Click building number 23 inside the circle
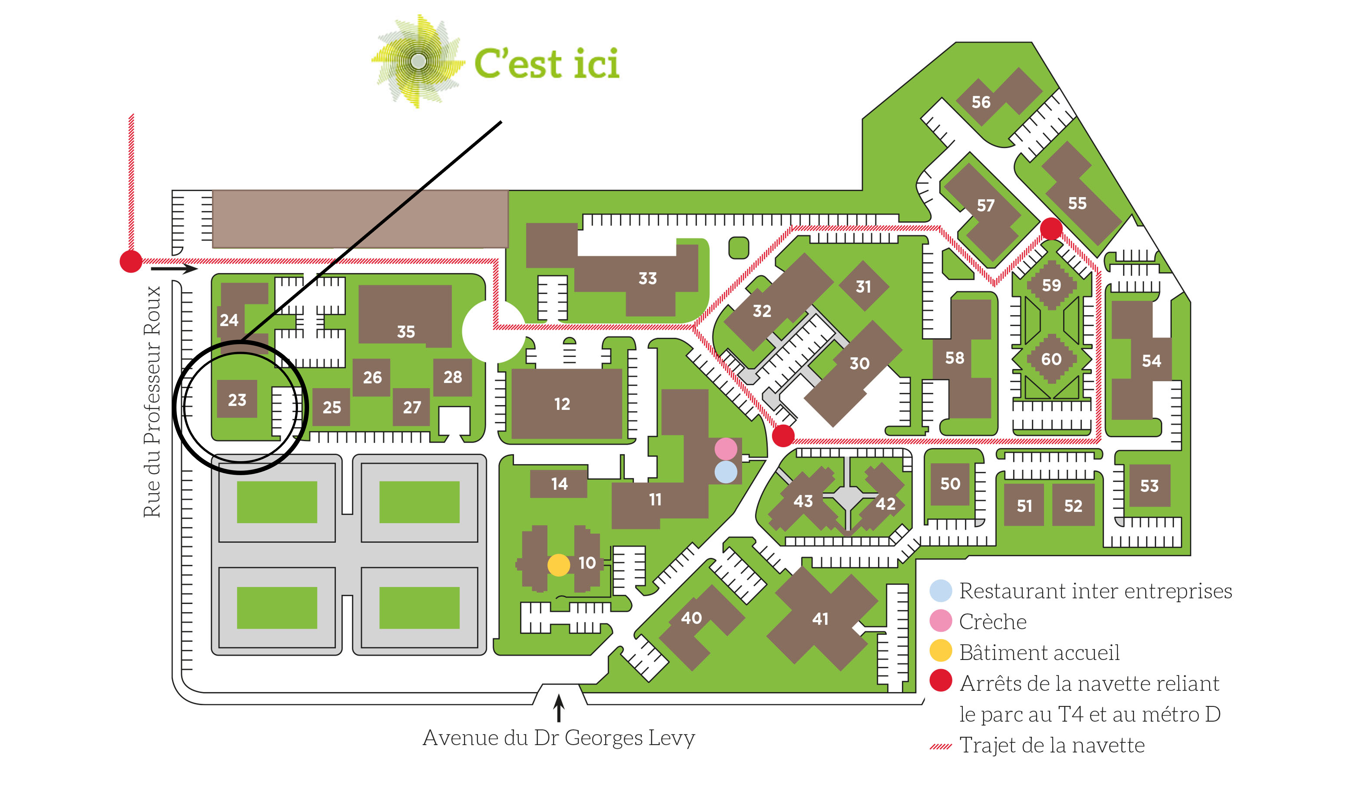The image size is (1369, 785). pyautogui.click(x=237, y=400)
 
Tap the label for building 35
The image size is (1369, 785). pyautogui.click(x=406, y=331)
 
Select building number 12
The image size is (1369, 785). pyautogui.click(x=561, y=404)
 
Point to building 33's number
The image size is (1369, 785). pyautogui.click(x=647, y=278)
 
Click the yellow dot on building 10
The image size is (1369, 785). pyautogui.click(x=558, y=565)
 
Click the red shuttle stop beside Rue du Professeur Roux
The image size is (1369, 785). pyautogui.click(x=130, y=261)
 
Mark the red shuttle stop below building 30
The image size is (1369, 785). pyautogui.click(x=783, y=435)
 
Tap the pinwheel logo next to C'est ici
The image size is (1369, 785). pyautogui.click(x=418, y=61)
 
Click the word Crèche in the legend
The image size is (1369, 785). pyautogui.click(x=993, y=622)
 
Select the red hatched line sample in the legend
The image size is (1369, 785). pyautogui.click(x=941, y=747)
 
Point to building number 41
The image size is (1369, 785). pyautogui.click(x=820, y=618)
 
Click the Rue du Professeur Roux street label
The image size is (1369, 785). pyautogui.click(x=152, y=402)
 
